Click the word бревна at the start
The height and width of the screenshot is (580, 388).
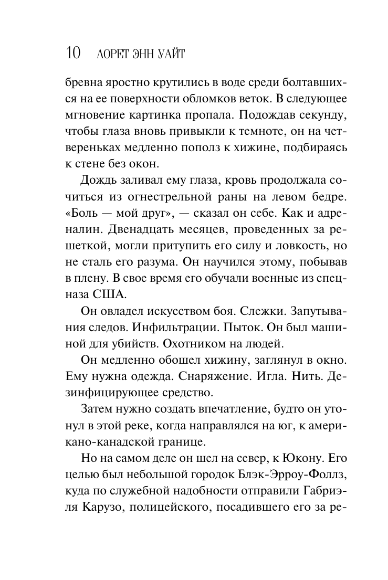83,84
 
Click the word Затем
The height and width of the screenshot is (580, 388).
98,409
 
